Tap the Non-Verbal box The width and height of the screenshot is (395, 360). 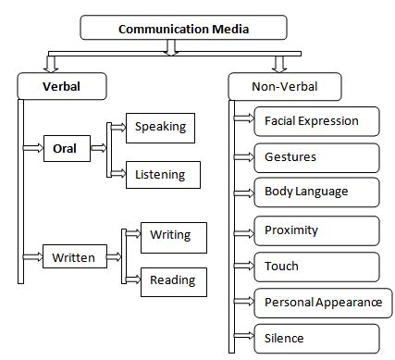[285, 88]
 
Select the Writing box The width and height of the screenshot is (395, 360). [172, 236]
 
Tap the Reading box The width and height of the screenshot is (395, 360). [172, 280]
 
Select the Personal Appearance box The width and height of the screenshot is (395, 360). [323, 302]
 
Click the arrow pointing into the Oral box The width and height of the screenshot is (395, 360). [33, 147]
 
